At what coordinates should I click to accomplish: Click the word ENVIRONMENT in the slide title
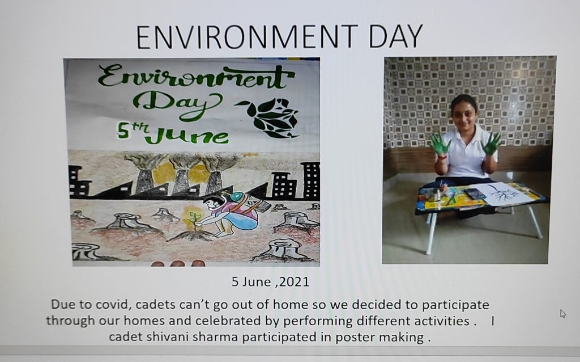[x=247, y=37]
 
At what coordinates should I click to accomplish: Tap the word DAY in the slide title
[x=396, y=37]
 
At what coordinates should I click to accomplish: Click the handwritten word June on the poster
[x=186, y=135]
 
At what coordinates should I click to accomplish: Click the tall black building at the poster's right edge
[x=311, y=180]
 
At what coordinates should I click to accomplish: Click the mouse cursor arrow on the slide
[x=562, y=313]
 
